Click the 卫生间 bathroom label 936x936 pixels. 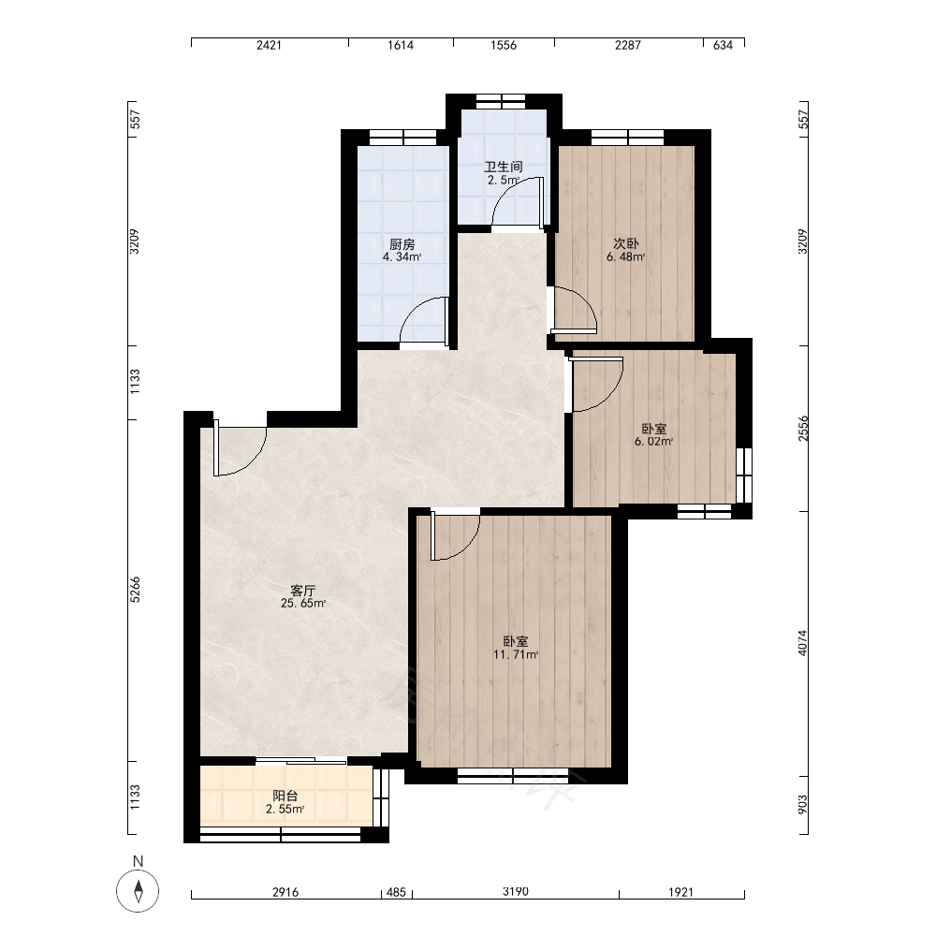pyautogui.click(x=504, y=167)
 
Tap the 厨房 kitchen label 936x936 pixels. pyautogui.click(x=402, y=244)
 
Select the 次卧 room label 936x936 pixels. pyautogui.click(x=626, y=243)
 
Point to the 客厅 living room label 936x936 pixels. pyautogui.click(x=302, y=591)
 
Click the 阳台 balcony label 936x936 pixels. pyautogui.click(x=285, y=796)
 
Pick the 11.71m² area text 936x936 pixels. pyautogui.click(x=516, y=655)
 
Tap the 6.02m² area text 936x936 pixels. pyautogui.click(x=654, y=442)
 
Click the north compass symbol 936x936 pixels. pyautogui.click(x=138, y=891)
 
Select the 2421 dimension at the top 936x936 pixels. pyautogui.click(x=269, y=45)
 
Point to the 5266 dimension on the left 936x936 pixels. pyautogui.click(x=136, y=589)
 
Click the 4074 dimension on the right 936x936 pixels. pyautogui.click(x=803, y=643)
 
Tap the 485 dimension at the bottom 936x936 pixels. pyautogui.click(x=396, y=893)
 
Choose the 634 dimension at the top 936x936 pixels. pyautogui.click(x=723, y=45)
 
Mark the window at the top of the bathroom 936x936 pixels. pyautogui.click(x=502, y=101)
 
